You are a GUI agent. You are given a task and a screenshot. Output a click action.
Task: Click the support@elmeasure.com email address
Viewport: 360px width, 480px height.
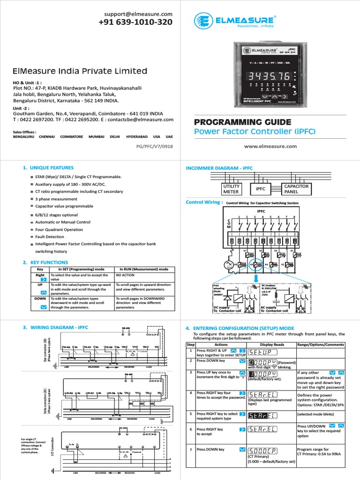point(135,14)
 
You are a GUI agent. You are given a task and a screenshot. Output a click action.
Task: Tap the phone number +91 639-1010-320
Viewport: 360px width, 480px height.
point(135,22)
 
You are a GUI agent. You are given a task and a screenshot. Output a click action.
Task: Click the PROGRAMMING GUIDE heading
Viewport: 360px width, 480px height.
point(242,122)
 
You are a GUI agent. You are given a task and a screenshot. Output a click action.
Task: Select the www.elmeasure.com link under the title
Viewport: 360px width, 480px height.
point(270,146)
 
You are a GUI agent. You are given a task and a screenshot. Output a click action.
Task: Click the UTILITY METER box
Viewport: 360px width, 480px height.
point(231,189)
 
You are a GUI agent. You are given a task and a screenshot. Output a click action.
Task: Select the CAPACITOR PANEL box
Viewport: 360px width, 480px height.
point(296,189)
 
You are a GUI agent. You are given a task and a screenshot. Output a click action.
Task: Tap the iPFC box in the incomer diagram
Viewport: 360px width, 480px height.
point(261,189)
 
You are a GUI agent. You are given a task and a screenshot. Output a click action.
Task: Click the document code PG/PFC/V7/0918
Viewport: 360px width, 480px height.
point(154,146)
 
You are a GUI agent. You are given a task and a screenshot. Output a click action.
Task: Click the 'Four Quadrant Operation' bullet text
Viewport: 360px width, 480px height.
point(59,230)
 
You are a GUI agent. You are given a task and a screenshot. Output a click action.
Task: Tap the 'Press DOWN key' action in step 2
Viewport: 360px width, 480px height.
point(210,361)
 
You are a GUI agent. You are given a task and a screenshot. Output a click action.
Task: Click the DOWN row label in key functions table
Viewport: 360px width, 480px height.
point(40,299)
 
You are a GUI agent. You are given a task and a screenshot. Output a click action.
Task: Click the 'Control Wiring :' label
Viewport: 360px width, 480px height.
point(204,202)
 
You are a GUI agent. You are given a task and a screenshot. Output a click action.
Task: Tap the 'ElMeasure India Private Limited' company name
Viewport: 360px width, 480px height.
point(80,71)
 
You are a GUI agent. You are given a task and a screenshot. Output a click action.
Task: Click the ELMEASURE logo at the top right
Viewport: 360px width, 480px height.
point(235,21)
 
